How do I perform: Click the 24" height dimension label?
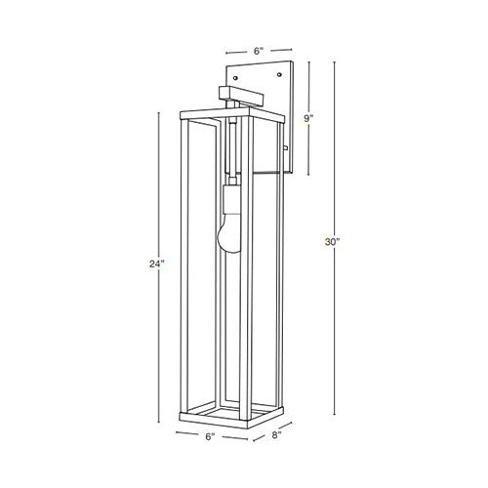click(x=155, y=264)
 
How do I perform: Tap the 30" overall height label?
click(x=332, y=242)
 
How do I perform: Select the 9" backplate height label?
click(x=308, y=118)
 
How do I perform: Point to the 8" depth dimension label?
click(x=276, y=435)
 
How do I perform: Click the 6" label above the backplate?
click(x=258, y=51)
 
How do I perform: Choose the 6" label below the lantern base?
click(x=210, y=436)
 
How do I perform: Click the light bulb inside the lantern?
click(x=228, y=232)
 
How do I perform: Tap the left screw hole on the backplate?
click(x=235, y=78)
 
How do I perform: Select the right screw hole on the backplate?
click(x=279, y=75)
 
